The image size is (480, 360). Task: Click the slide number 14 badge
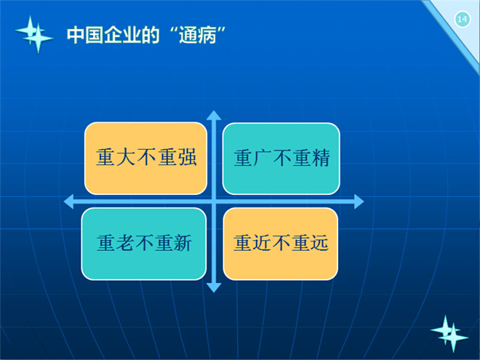coord(462,20)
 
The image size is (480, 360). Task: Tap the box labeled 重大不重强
coord(145,159)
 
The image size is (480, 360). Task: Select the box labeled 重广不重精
coord(281,159)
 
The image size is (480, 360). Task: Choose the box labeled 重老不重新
coord(143,244)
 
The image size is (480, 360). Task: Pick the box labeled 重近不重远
coord(281,244)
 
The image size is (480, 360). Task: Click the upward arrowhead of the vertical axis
coord(214,115)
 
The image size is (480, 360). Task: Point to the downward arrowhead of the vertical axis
coord(214,288)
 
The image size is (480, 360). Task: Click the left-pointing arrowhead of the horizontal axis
coord(68,201)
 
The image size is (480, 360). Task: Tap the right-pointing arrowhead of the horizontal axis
coord(359,201)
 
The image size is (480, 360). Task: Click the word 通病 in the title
coord(198,35)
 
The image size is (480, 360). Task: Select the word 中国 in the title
coord(85,35)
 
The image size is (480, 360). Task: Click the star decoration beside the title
coord(34,34)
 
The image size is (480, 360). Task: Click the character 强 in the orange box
coord(187,157)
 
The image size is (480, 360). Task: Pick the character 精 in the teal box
coord(320,158)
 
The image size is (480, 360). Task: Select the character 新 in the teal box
coord(183,243)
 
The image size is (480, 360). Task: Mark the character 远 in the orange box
coord(319,243)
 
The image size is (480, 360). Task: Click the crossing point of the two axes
coord(214,201)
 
